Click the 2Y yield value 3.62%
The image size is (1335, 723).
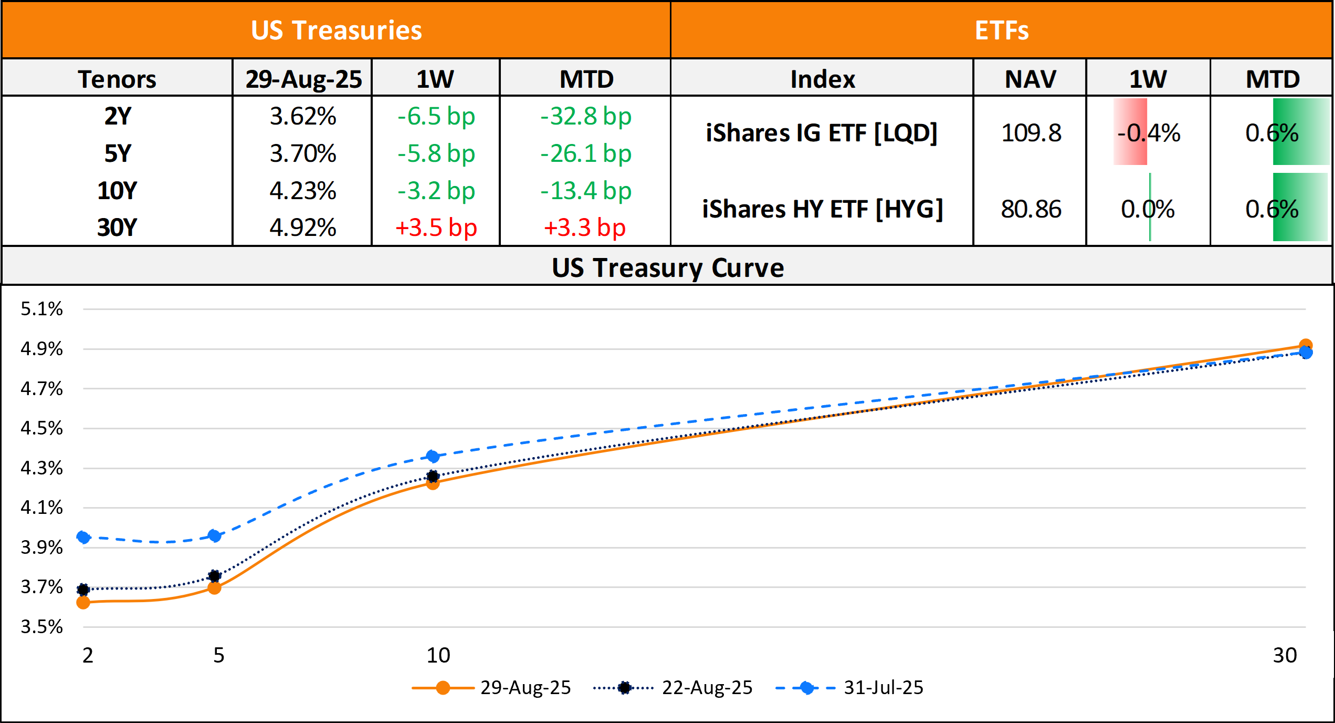pos(303,116)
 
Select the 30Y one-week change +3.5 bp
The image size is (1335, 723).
pos(436,228)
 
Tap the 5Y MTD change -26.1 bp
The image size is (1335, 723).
pos(586,153)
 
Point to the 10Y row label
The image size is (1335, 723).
pos(117,191)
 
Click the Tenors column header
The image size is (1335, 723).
pos(117,79)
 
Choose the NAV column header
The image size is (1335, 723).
pos(1030,79)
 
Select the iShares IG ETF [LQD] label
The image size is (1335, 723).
pos(822,133)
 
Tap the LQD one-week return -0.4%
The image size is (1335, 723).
pos(1149,133)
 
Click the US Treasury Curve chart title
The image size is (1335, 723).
pos(668,268)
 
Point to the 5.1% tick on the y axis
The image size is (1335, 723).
pos(41,309)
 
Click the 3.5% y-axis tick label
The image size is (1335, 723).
pos(41,627)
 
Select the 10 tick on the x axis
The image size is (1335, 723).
pos(438,655)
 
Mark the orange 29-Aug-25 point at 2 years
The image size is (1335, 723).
pos(83,603)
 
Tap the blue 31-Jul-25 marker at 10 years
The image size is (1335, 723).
pos(433,456)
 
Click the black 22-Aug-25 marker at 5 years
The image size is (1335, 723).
pos(214,576)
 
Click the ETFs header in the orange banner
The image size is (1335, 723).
pos(1002,30)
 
